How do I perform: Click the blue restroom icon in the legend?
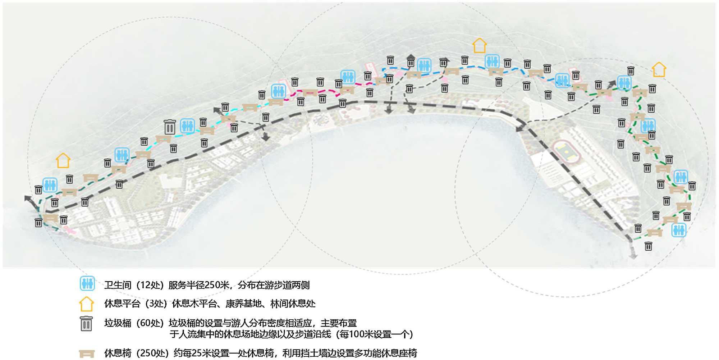[87, 283]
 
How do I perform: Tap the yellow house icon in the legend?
[87, 304]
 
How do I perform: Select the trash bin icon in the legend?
[86, 324]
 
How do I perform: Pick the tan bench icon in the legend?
[87, 354]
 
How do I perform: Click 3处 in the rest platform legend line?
[157, 304]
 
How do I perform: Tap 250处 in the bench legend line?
[152, 353]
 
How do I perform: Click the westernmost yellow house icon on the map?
[63, 160]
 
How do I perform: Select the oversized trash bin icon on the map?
[170, 127]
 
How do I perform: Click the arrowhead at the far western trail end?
[27, 198]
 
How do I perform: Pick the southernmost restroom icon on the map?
[679, 230]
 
